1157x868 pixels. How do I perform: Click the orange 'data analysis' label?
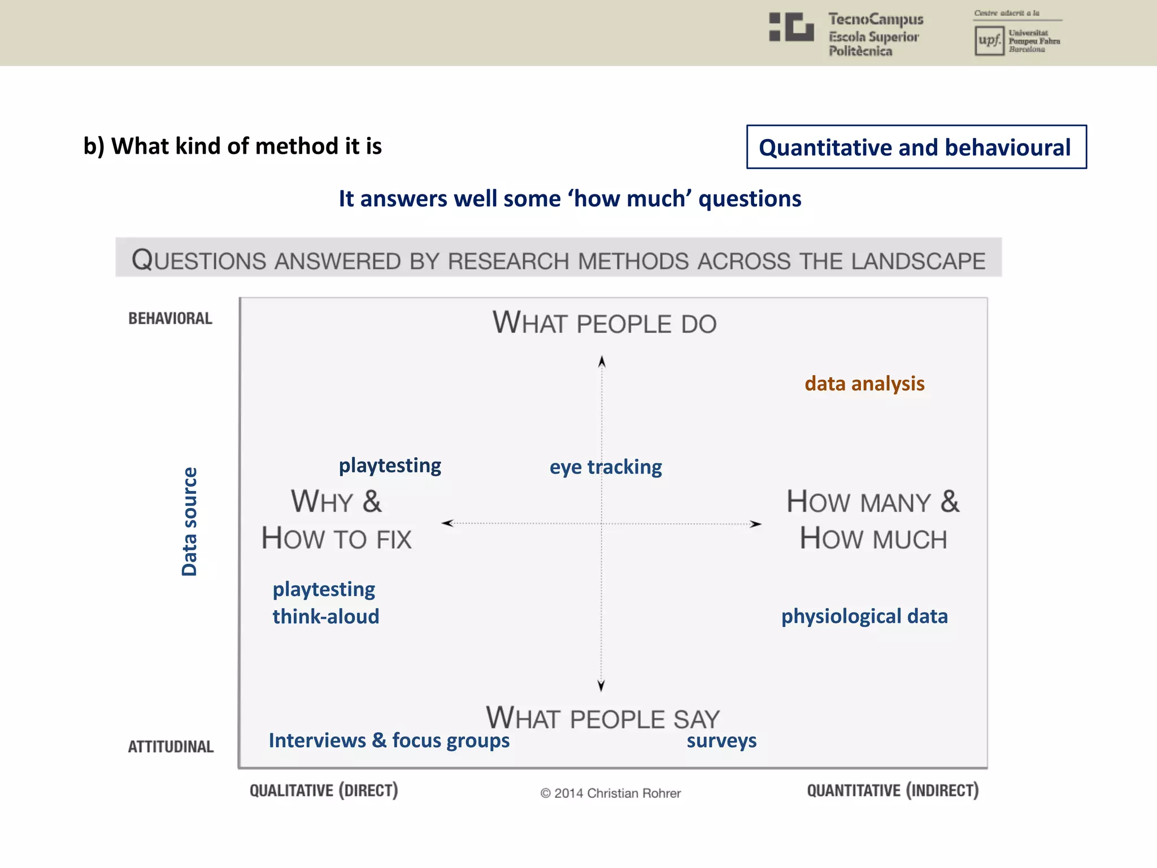(864, 384)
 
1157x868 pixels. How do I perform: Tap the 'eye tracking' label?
(606, 467)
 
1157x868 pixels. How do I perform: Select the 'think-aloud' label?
(326, 617)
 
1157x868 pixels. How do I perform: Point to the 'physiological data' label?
(864, 616)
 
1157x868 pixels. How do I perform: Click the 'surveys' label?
(721, 740)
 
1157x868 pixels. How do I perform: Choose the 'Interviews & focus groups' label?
(389, 740)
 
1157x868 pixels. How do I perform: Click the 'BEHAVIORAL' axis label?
(170, 319)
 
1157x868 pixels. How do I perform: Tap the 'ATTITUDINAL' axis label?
(171, 747)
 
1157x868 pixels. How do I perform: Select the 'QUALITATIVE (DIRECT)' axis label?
(324, 790)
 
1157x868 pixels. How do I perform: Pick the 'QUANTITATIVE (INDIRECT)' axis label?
(893, 790)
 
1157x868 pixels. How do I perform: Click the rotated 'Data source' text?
(189, 521)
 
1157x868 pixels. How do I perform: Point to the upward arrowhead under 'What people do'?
(602, 362)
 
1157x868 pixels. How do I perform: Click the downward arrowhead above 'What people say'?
(601, 685)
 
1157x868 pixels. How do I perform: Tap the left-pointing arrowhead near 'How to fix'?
(447, 523)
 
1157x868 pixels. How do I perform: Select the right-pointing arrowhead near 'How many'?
(755, 524)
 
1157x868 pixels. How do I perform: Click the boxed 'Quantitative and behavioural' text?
(916, 147)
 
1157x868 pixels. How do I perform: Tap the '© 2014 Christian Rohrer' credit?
(610, 793)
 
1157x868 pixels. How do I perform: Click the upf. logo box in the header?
(989, 41)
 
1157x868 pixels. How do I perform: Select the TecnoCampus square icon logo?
(791, 27)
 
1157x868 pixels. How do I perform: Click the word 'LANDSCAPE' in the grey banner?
(918, 262)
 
